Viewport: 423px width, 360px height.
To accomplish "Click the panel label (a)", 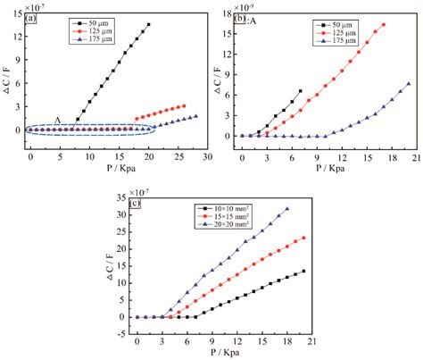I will click(32, 17).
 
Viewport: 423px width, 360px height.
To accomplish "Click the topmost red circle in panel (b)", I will click(384, 25).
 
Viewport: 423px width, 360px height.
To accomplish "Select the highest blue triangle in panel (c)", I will click(287, 209).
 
